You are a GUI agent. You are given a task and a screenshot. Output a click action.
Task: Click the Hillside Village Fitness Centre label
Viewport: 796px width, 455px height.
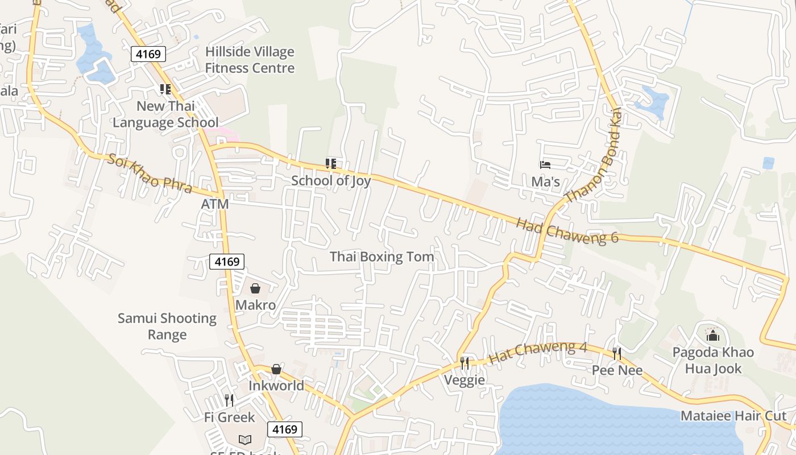pos(250,60)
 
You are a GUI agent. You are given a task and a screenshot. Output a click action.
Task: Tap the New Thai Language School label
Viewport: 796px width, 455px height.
pos(165,114)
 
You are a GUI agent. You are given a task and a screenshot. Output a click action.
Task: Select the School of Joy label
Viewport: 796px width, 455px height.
pos(331,181)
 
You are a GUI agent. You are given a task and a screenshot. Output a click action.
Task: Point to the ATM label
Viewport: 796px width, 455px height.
pos(215,204)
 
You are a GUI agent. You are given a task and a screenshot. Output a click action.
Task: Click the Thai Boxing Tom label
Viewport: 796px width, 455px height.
pos(382,257)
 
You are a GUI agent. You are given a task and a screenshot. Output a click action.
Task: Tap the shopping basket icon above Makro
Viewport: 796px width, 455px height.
pos(255,289)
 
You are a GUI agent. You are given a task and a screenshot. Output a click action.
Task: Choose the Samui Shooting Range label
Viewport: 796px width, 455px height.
pos(167,326)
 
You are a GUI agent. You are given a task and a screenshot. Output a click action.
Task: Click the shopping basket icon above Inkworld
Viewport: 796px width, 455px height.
pos(276,370)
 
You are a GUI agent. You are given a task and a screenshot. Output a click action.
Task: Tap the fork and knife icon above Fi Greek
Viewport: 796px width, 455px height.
pos(229,400)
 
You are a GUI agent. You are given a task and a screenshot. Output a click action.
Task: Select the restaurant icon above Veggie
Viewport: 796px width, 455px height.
pos(465,363)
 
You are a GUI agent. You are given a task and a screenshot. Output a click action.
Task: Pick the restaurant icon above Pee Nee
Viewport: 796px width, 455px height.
pos(617,354)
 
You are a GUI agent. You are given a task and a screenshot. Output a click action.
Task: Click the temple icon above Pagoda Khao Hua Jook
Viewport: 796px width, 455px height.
pos(713,336)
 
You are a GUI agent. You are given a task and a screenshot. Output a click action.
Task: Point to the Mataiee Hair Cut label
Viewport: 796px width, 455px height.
pos(733,416)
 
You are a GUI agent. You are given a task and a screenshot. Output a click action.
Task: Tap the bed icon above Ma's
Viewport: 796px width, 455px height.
pos(545,165)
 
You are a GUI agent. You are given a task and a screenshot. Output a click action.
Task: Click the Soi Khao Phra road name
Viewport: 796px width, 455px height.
pos(150,173)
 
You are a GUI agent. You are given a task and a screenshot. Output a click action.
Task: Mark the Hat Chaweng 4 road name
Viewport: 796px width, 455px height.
pos(538,353)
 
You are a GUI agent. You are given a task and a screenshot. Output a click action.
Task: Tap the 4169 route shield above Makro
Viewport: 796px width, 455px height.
pos(227,262)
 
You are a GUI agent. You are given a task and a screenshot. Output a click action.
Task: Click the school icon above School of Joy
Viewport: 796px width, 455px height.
pos(330,164)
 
